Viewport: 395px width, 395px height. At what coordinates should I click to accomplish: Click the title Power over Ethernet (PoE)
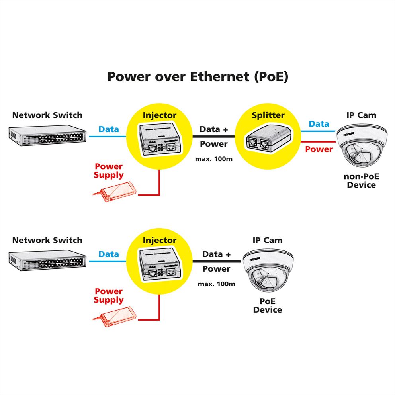197,77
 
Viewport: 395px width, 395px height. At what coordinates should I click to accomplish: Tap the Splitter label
268,115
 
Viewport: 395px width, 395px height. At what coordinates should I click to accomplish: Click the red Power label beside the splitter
319,149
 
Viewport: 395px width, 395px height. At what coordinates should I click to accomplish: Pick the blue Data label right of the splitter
319,124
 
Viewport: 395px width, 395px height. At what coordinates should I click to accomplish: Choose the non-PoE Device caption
361,181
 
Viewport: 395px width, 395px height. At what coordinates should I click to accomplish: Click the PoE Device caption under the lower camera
268,306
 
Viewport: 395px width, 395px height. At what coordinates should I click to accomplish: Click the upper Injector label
159,115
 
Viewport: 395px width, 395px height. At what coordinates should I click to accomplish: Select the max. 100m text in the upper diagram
214,159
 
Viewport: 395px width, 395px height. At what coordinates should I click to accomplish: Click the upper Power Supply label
109,171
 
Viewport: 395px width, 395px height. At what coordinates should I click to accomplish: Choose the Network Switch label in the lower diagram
47,241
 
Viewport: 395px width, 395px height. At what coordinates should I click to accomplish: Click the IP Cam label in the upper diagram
361,115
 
